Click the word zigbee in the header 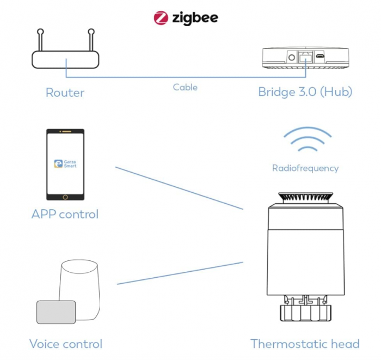coord(195,18)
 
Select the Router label coord(65,93)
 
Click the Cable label coord(185,87)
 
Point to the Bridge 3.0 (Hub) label coord(305,92)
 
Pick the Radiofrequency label coord(305,168)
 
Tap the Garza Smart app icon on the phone coord(65,163)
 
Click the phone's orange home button coord(65,196)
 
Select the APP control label coord(65,214)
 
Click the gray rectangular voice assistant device coord(56,312)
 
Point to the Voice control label coord(65,344)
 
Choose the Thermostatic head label coord(305,344)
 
